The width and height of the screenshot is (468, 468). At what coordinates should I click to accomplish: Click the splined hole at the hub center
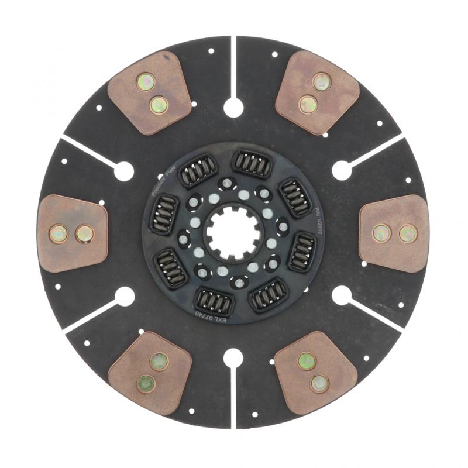(x=233, y=233)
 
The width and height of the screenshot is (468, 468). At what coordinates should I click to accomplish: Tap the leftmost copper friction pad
(x=72, y=233)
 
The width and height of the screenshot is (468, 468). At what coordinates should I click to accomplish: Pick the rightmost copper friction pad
(x=394, y=233)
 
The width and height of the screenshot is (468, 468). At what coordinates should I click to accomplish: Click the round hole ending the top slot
(x=233, y=107)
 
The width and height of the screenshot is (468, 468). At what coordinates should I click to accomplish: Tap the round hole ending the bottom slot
(x=233, y=357)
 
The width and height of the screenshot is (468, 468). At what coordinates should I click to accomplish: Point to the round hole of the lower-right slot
(x=342, y=295)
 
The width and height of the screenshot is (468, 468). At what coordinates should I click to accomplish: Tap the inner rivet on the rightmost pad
(x=381, y=233)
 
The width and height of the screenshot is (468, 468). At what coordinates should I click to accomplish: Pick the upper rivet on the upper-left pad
(x=146, y=81)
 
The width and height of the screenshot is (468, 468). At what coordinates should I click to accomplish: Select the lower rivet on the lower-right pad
(x=319, y=384)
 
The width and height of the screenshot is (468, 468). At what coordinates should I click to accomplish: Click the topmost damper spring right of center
(x=252, y=163)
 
